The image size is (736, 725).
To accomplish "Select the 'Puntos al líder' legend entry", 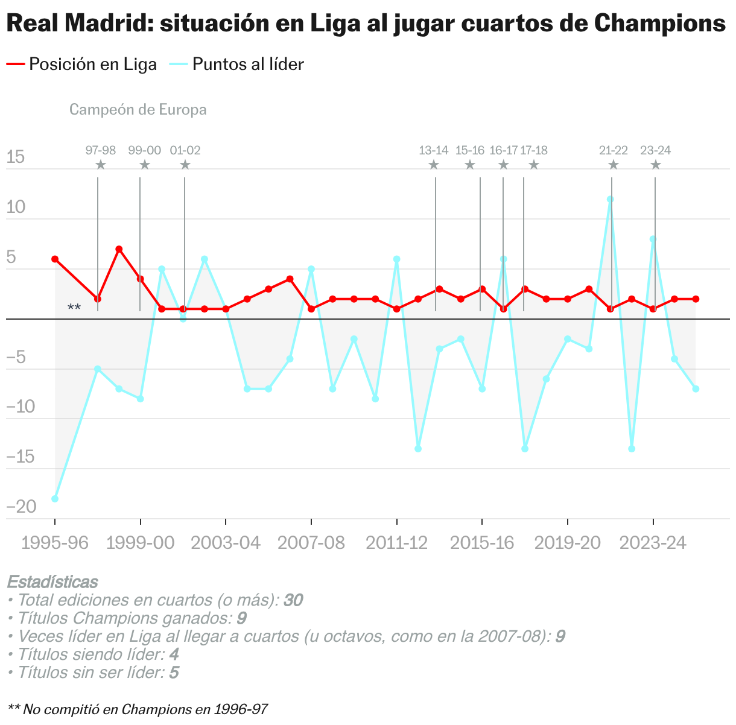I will click(247, 65).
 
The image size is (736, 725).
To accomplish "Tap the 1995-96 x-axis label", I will click(54, 543).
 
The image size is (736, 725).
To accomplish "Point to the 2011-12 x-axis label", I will click(396, 543).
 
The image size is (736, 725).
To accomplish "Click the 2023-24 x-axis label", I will click(653, 543).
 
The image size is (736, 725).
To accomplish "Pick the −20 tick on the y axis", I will click(21, 507).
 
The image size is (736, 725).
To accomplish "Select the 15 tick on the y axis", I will click(16, 158).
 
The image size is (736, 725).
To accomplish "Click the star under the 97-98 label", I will click(101, 165).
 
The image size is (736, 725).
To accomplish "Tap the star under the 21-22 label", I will click(613, 165).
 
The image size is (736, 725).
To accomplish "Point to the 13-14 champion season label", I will click(433, 150).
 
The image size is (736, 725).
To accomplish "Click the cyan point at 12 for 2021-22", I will click(610, 199).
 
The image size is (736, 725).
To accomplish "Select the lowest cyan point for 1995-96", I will click(55, 499).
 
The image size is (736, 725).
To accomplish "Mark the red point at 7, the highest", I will click(119, 249).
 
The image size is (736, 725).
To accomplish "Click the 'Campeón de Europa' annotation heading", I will click(138, 110).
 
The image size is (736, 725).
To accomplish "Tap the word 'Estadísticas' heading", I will click(52, 582).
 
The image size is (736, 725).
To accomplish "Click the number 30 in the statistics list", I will click(293, 600).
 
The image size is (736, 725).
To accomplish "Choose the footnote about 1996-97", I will click(138, 709).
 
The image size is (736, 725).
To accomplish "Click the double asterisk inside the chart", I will click(74, 308).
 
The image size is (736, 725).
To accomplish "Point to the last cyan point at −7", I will click(696, 389).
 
